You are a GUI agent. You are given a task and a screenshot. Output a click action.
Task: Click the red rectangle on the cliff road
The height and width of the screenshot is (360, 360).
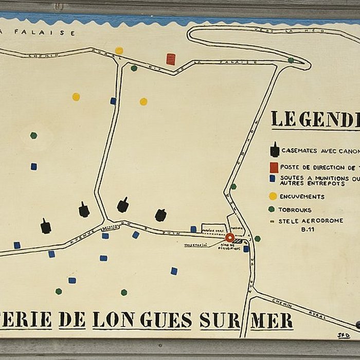coord(171,59)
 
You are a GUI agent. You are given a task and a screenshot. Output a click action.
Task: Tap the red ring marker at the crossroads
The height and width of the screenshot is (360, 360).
coord(230,238)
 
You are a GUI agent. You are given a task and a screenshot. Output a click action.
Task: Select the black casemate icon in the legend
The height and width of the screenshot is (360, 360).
coord(275,150)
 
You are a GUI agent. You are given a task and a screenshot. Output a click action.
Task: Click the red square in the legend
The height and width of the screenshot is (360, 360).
coord(274,167)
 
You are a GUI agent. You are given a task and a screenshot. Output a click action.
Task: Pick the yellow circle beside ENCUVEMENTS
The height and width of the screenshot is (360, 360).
coord(273,196)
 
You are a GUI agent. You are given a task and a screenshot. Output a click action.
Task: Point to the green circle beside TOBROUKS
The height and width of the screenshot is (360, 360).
coord(271,209)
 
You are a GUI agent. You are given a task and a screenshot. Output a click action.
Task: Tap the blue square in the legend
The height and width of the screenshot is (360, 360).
coord(273,178)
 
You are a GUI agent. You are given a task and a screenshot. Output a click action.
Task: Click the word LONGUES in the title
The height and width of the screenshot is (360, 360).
coord(142,320)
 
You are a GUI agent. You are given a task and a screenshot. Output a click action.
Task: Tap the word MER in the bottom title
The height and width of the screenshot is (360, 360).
coord(272,320)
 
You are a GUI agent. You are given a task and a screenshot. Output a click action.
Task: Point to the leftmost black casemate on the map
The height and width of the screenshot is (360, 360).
coord(46,226)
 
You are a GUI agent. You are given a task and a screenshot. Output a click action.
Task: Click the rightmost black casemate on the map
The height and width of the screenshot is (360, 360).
coord(160,215)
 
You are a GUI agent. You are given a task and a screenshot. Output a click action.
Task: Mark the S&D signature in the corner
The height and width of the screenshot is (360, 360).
coord(344,335)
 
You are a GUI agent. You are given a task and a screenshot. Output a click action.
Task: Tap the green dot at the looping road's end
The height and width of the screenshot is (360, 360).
coord(291,60)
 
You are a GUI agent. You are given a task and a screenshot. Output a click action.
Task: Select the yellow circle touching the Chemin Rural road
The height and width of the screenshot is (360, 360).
coord(119,50)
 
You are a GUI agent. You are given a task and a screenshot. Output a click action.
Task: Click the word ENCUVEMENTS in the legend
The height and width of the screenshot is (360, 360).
coord(302,196)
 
